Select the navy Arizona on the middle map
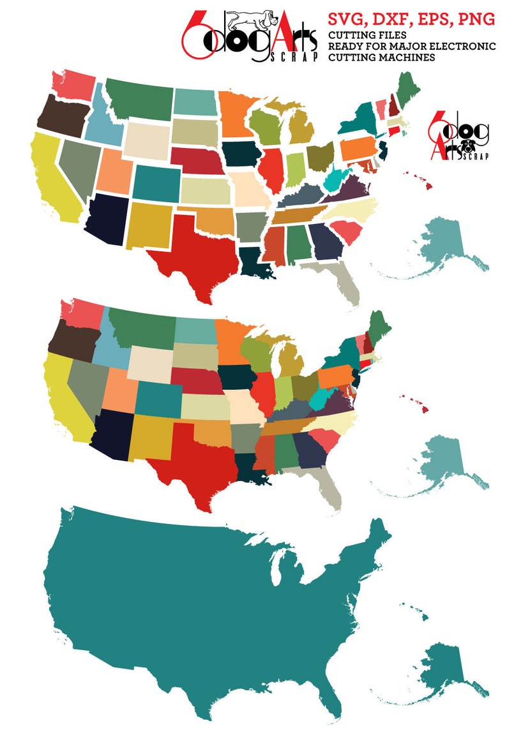click(x=111, y=435)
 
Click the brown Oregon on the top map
click(x=60, y=115)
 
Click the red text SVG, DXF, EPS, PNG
click(x=411, y=20)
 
